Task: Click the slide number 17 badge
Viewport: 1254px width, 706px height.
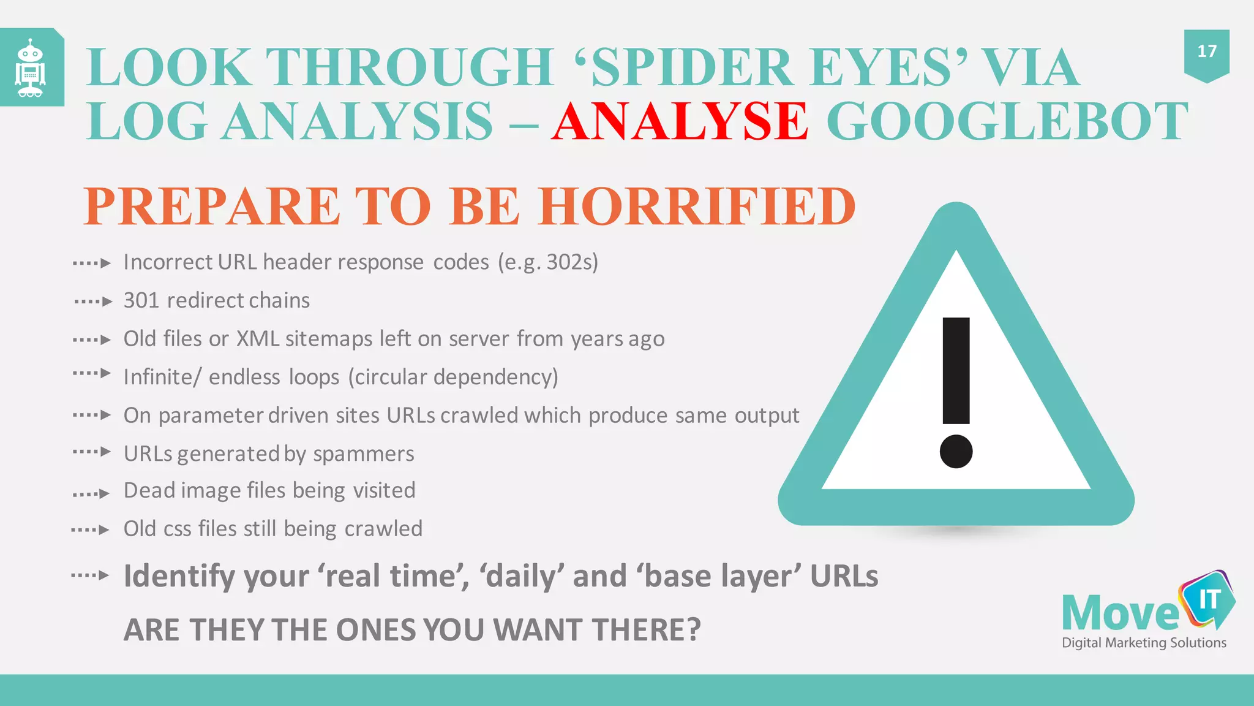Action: pyautogui.click(x=1206, y=51)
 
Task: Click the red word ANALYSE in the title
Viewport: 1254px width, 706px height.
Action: pyautogui.click(x=680, y=121)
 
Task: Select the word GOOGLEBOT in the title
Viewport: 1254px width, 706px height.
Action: pyautogui.click(x=1007, y=121)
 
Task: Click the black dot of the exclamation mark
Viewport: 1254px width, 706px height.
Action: pyautogui.click(x=956, y=451)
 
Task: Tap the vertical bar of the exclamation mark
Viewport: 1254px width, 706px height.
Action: pyautogui.click(x=956, y=370)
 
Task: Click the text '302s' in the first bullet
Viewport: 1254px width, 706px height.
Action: pyautogui.click(x=572, y=262)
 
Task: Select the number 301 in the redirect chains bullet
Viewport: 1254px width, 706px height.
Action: pyautogui.click(x=141, y=301)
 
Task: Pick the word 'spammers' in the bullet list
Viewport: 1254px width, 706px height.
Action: pyautogui.click(x=364, y=454)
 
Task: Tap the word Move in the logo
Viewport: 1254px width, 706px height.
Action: pyautogui.click(x=1119, y=613)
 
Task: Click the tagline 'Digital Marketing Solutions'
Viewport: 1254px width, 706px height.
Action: pyautogui.click(x=1144, y=643)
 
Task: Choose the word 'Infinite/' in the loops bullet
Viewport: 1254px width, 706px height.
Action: pyautogui.click(x=162, y=378)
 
